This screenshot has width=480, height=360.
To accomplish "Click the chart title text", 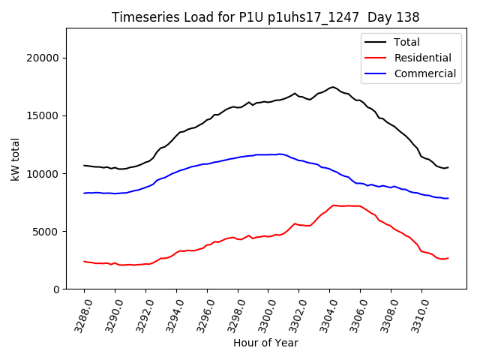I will (265, 16).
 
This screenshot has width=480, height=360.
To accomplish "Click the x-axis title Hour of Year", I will (265, 343).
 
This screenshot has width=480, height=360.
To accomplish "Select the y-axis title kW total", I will (15, 158).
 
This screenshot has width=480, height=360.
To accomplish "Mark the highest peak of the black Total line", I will (333, 87).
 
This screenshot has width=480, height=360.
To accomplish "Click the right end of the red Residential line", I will (448, 258).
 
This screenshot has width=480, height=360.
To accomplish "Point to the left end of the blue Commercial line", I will (84, 193).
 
